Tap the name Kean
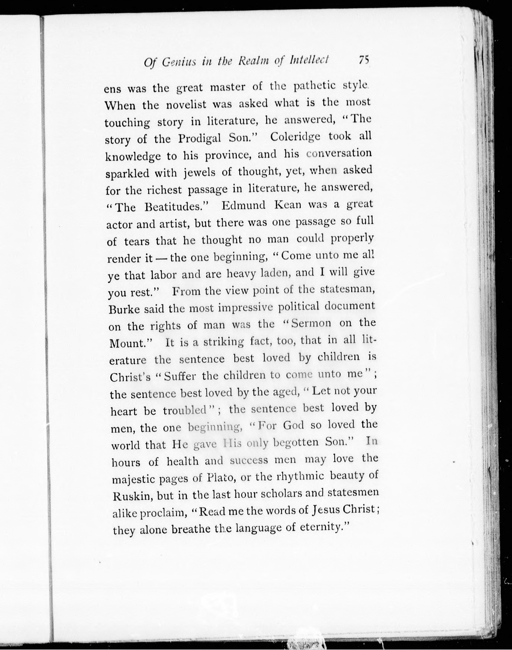[x=287, y=205]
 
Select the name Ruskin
[x=131, y=496]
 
